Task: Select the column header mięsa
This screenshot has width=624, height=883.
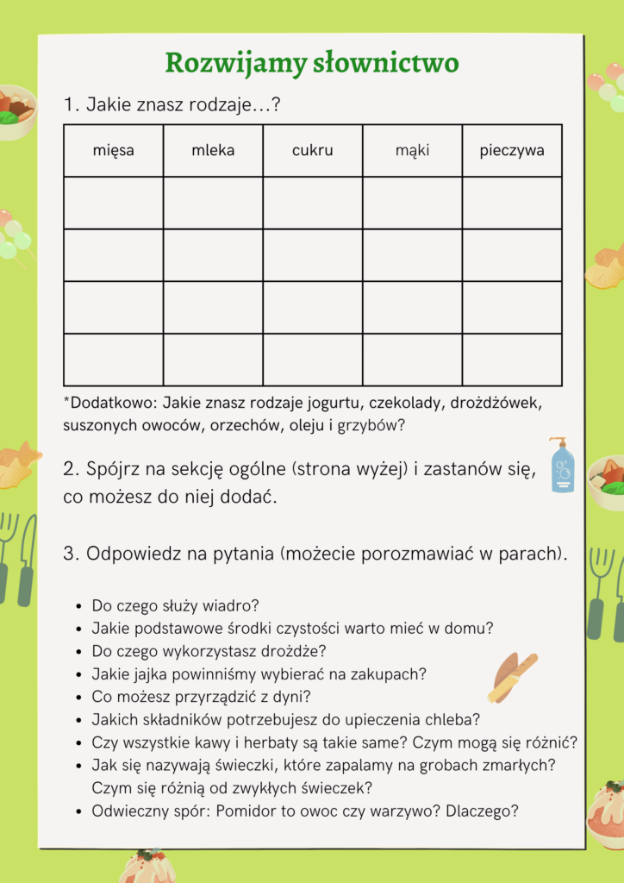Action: (114, 151)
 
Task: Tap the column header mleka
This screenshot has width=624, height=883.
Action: (213, 151)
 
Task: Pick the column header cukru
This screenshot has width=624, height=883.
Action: (313, 151)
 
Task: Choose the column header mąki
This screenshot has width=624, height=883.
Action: (412, 151)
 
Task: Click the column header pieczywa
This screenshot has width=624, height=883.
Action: (512, 151)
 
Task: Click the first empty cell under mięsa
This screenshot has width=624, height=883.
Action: (114, 203)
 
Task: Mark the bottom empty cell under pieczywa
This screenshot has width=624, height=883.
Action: (512, 360)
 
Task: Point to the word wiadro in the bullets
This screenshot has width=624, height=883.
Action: (234, 605)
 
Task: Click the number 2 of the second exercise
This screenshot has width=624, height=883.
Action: (69, 470)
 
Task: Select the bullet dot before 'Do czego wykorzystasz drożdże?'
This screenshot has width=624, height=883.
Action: (79, 651)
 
